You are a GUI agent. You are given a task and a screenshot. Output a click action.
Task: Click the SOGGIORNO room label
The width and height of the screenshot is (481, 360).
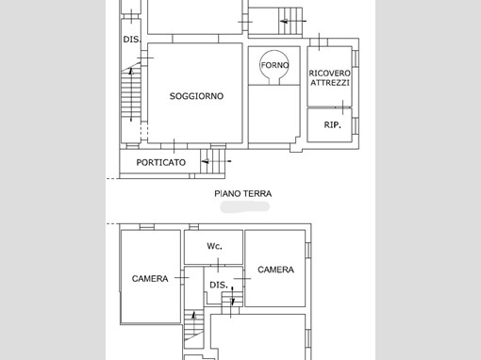click(x=196, y=96)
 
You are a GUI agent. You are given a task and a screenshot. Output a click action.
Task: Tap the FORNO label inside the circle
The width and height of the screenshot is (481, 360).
click(x=274, y=65)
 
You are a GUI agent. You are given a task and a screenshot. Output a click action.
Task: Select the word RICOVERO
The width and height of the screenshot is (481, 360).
click(x=329, y=74)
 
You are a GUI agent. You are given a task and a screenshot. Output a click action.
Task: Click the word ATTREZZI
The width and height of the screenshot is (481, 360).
click(x=330, y=83)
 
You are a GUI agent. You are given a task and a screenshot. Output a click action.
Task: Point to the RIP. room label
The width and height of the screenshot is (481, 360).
click(x=332, y=124)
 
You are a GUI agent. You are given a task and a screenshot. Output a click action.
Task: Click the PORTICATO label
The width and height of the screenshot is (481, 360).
click(x=161, y=162)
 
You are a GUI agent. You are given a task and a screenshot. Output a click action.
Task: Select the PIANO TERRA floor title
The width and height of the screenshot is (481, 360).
click(x=243, y=193)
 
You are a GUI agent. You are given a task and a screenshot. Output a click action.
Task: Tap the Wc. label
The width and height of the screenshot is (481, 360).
click(x=214, y=246)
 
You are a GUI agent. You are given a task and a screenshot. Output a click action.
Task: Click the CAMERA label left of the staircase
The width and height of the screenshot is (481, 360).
click(x=150, y=279)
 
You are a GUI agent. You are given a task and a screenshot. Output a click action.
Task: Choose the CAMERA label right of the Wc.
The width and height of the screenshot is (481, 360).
click(x=275, y=270)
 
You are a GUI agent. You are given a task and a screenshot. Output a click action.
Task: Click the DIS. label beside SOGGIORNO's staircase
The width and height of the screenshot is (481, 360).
click(x=132, y=40)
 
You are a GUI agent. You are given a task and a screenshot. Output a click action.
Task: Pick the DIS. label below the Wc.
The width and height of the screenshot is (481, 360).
click(x=219, y=285)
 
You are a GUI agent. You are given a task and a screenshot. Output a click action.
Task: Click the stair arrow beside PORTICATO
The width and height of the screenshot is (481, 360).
click(x=216, y=161)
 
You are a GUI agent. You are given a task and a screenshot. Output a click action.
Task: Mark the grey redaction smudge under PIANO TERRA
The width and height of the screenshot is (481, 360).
click(x=245, y=207)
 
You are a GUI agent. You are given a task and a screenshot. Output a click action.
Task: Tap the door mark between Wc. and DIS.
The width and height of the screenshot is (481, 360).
click(x=218, y=265)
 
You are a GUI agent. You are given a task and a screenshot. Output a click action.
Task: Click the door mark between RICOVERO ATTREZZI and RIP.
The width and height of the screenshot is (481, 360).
click(x=342, y=107)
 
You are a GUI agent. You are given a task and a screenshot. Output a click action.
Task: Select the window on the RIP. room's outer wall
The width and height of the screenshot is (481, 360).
click(x=355, y=125)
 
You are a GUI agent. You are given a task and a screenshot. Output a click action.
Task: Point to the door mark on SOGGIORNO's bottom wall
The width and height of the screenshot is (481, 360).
click(x=174, y=146)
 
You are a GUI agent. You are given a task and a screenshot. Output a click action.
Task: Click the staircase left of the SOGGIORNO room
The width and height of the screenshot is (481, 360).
click(x=131, y=94)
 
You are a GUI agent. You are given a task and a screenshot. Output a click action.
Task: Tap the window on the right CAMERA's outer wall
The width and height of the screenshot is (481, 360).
click(x=308, y=249)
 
